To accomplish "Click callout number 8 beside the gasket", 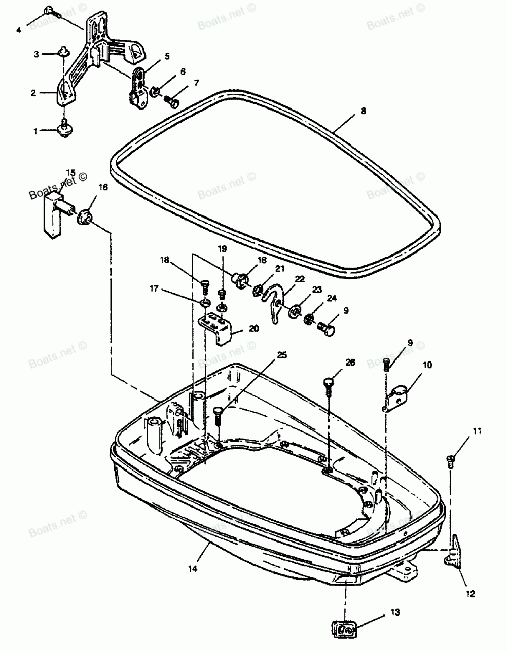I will point(363,111).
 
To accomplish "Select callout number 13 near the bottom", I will point(395,613).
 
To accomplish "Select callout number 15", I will point(70,173).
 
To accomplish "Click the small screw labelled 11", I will point(451,459).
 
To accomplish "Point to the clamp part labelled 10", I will point(396,401).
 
